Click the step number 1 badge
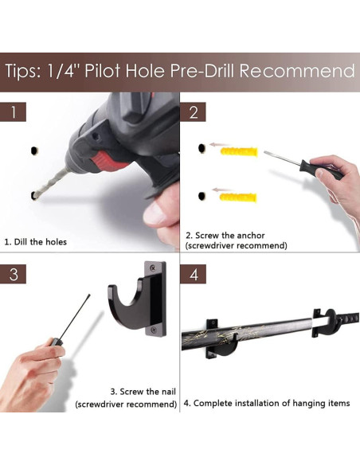[13, 111]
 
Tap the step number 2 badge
[193, 111]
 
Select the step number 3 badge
[13, 274]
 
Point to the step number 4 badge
[193, 274]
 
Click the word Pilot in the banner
[103, 71]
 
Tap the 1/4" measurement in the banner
[61, 71]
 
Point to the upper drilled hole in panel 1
[35, 150]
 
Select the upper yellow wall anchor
[239, 151]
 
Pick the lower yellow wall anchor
[238, 197]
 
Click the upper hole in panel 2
[202, 148]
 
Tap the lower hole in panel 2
[202, 196]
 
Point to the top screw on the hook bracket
[153, 268]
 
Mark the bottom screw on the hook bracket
[154, 330]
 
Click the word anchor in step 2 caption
[251, 236]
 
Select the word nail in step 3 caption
[168, 392]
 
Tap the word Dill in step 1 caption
[21, 242]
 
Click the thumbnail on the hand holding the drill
[154, 213]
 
